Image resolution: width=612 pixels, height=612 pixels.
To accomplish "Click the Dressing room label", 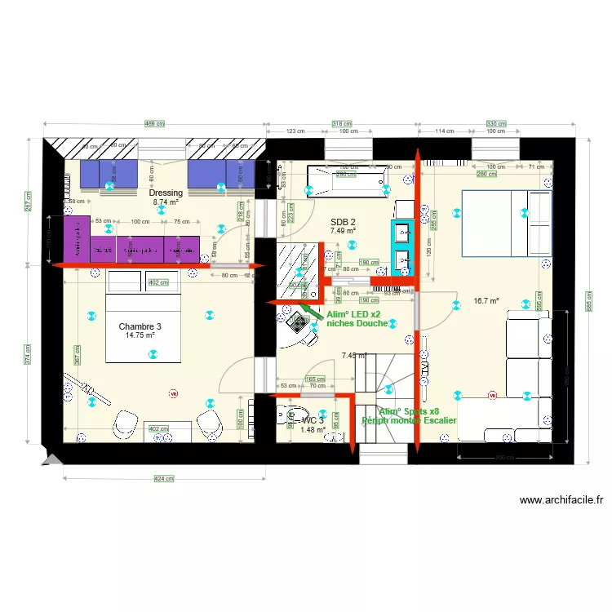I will click(x=166, y=193).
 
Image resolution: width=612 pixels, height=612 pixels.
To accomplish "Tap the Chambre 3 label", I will click(x=140, y=326).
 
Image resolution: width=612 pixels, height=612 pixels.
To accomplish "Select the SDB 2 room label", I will click(x=343, y=222).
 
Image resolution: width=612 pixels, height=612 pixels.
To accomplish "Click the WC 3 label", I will click(x=313, y=420).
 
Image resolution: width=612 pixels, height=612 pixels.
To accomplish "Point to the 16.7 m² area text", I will click(x=486, y=300).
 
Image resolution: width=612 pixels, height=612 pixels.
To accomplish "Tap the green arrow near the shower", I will click(x=310, y=311).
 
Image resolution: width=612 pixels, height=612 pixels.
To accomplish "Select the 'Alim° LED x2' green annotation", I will click(x=353, y=313).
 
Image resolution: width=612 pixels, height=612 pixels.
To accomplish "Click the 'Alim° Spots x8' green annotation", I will click(x=409, y=411).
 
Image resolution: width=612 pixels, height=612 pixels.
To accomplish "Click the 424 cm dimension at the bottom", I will click(x=164, y=479).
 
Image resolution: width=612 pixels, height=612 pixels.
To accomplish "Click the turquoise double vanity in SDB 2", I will click(x=401, y=245).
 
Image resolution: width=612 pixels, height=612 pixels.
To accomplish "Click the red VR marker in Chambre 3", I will click(x=172, y=394).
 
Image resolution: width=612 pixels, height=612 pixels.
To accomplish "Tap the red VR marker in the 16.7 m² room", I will click(x=491, y=396).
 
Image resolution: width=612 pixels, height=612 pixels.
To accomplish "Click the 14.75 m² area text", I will click(x=140, y=335).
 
